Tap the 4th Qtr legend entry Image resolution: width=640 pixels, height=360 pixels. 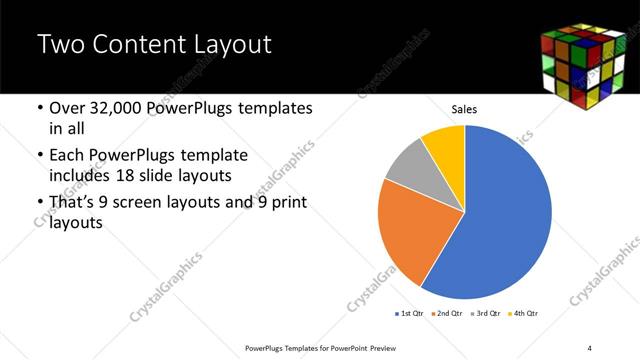point(526,314)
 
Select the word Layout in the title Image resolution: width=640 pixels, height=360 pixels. point(232,45)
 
